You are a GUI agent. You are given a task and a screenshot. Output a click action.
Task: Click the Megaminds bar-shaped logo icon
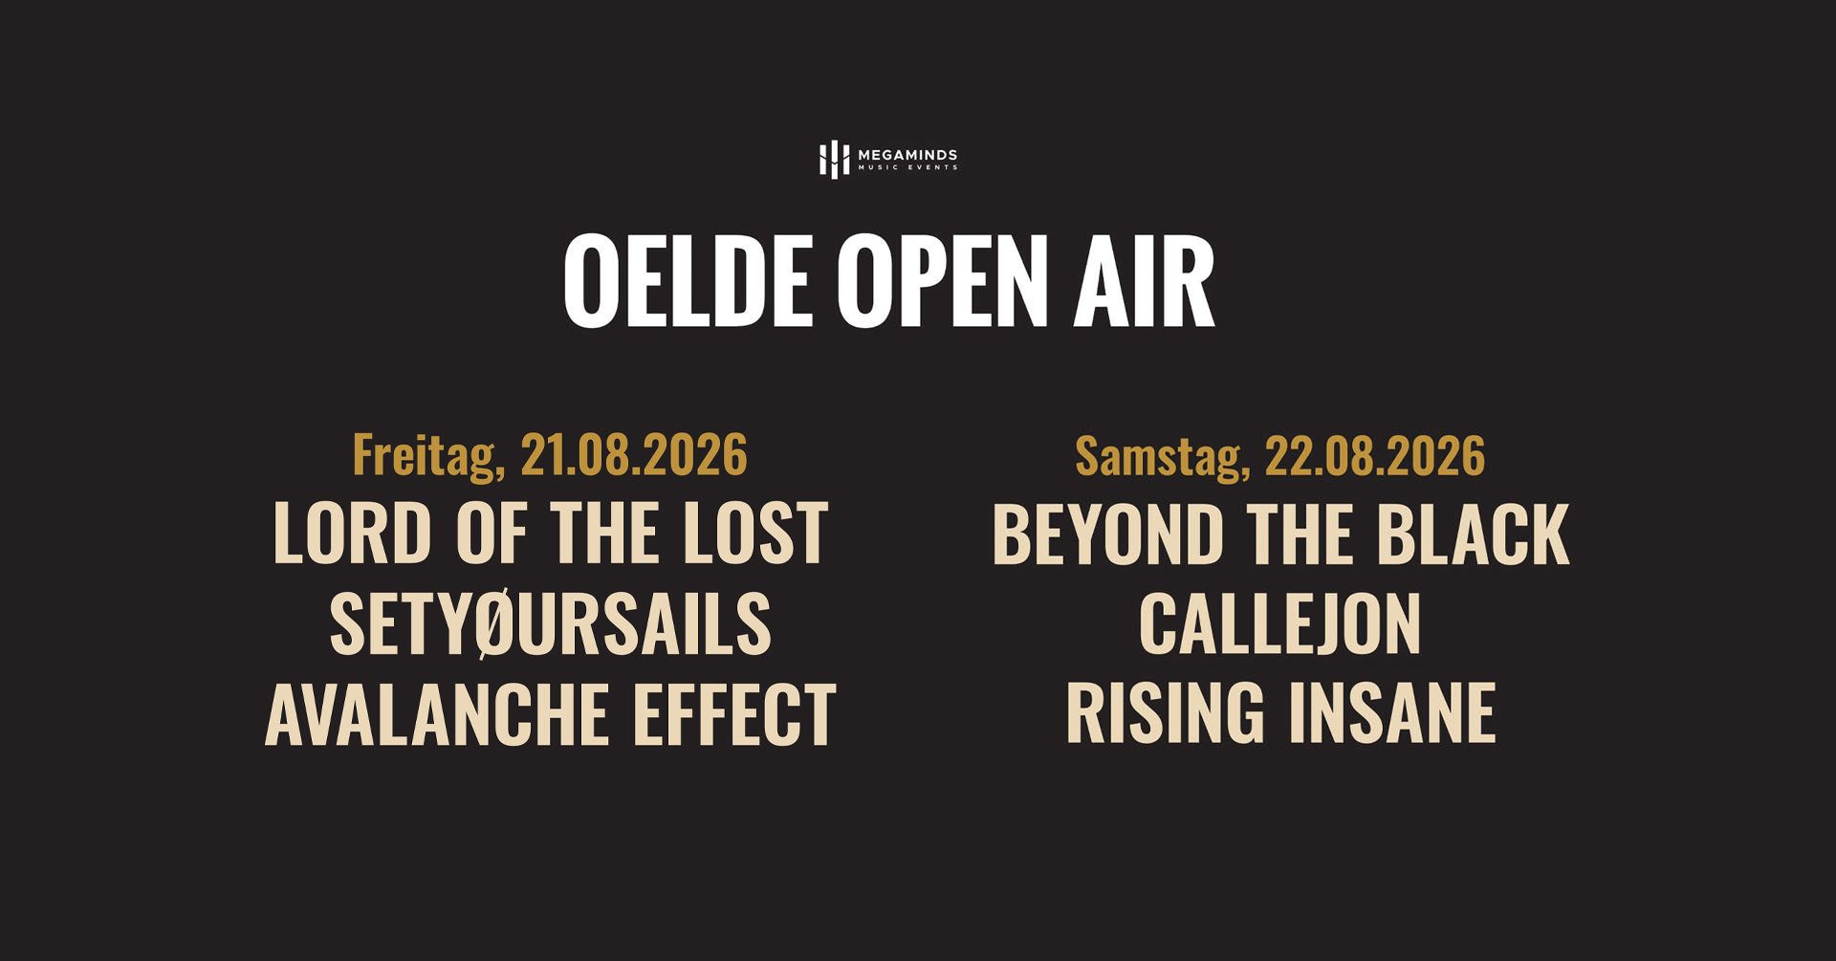tap(834, 160)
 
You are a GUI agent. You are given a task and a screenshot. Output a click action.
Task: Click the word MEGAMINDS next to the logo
tap(907, 155)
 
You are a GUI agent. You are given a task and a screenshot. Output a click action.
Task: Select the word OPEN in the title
tap(942, 282)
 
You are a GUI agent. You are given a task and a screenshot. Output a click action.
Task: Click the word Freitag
tap(427, 455)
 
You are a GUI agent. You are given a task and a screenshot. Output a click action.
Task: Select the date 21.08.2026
tap(633, 455)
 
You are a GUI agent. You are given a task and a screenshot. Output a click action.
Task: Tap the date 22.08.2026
tap(1374, 456)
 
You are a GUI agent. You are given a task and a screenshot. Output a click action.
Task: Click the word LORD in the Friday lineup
tap(352, 534)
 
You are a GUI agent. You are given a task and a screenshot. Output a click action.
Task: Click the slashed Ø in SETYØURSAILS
tap(495, 624)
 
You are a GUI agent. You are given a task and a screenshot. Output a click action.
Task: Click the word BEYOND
tap(1107, 535)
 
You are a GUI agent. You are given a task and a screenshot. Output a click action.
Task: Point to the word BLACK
tap(1473, 535)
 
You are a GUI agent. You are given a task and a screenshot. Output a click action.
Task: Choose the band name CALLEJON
tap(1279, 624)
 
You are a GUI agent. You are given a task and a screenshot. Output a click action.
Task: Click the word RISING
tap(1164, 713)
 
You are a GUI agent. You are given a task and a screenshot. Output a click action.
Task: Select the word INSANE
tap(1391, 713)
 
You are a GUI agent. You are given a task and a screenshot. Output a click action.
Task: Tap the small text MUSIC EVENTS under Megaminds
tap(907, 168)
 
